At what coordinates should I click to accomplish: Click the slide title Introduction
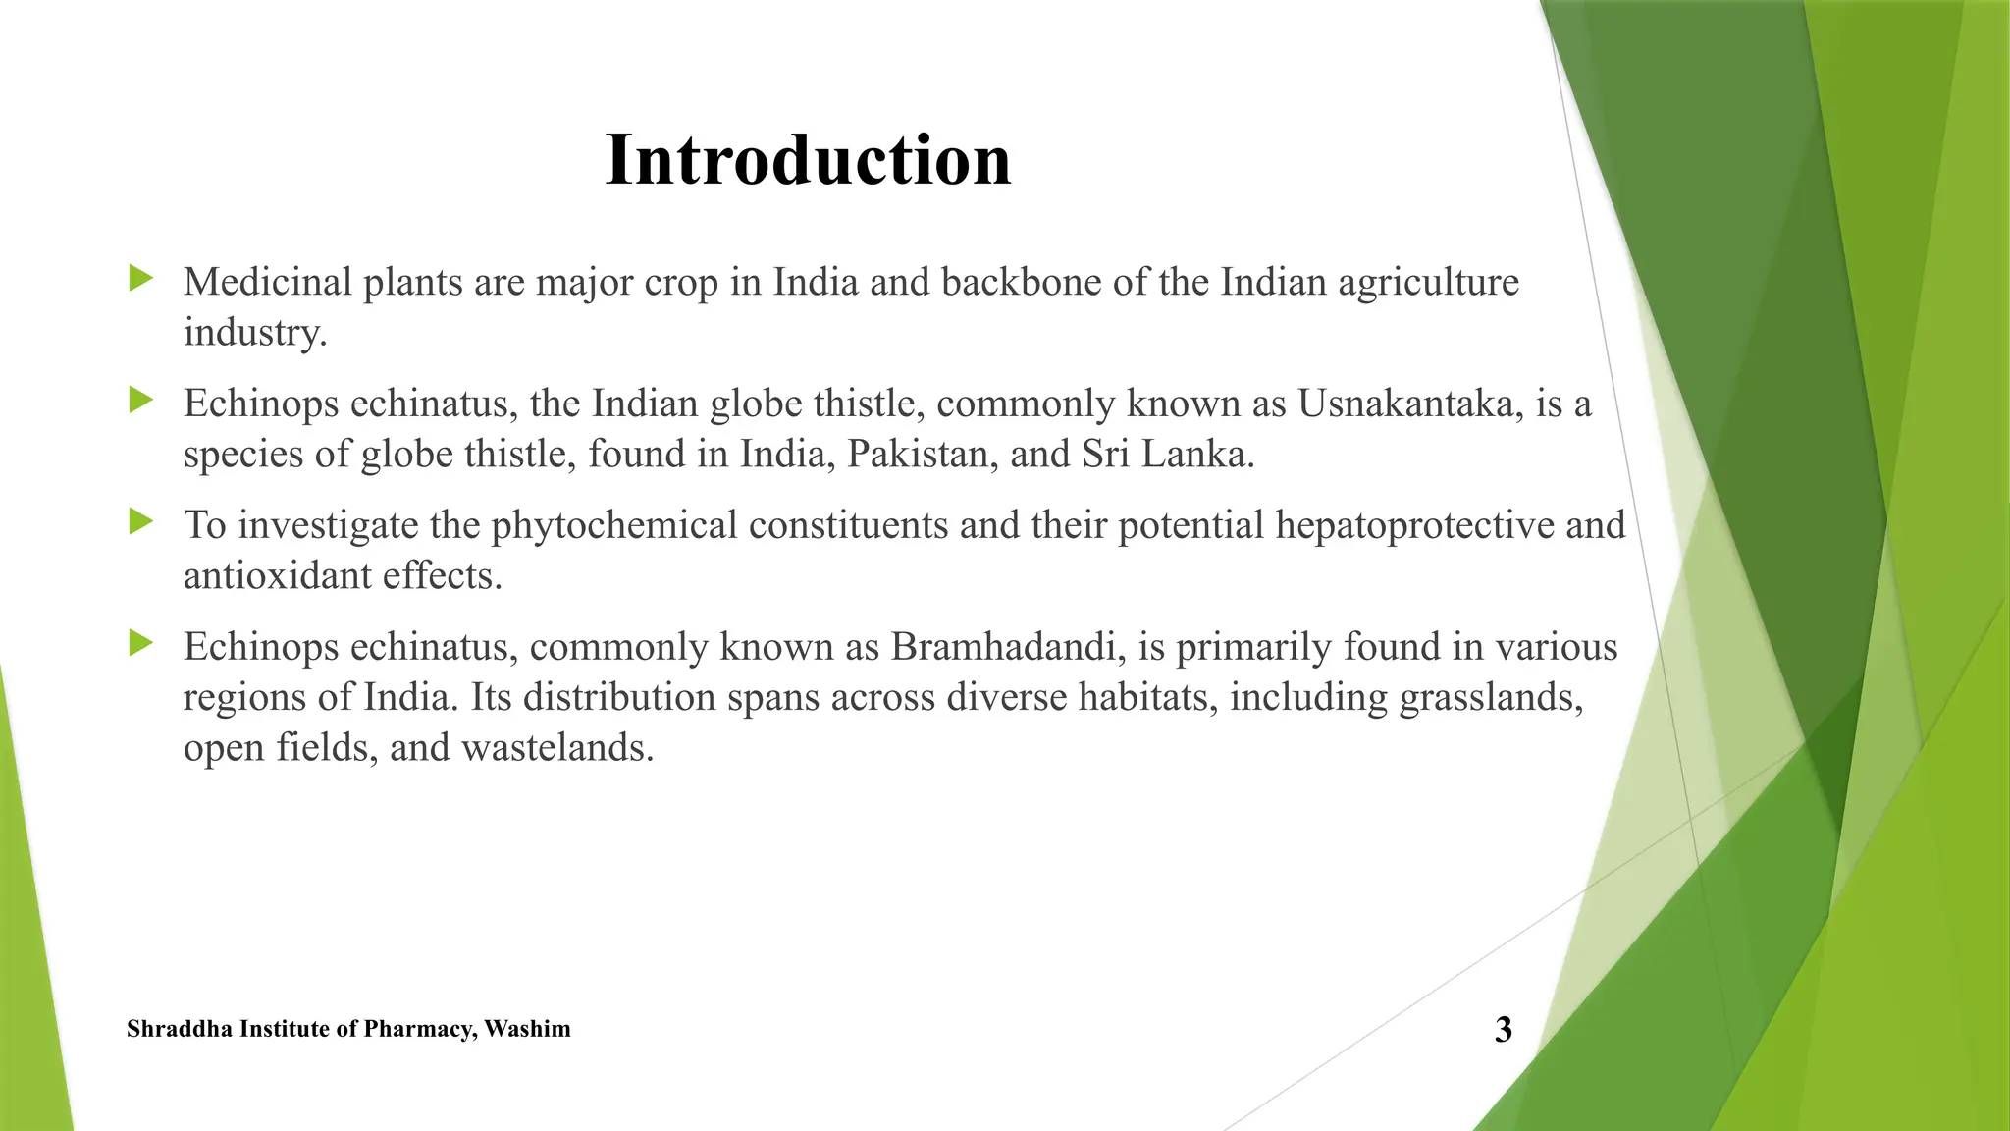[808, 160]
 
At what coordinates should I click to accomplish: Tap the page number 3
[1503, 1029]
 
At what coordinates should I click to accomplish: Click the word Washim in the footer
[527, 1029]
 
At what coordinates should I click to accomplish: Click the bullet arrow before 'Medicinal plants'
[141, 279]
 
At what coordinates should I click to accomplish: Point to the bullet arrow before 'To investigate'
[141, 521]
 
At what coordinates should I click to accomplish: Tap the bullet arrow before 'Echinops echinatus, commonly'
[141, 644]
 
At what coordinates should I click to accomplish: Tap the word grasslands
[1491, 698]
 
